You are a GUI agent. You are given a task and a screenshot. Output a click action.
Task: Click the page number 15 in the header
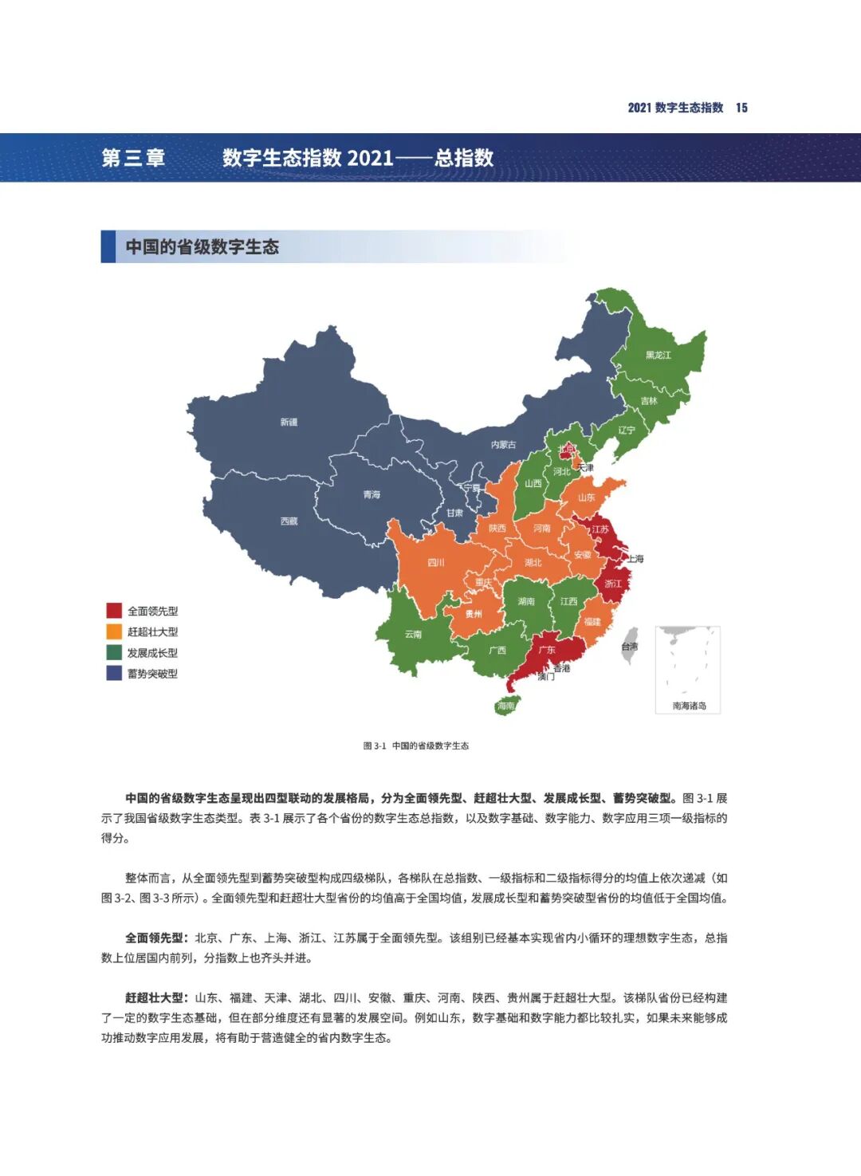coord(741,108)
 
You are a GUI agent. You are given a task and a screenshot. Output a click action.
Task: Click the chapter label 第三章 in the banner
coord(133,158)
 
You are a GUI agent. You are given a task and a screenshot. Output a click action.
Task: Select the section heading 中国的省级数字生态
coord(202,247)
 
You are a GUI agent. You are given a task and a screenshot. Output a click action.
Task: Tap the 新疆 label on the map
coord(289,422)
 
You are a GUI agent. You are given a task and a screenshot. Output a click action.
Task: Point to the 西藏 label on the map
coord(289,521)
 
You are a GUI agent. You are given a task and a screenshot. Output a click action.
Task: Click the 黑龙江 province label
coord(658,355)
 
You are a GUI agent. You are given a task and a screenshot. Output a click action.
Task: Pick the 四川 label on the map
coord(435,562)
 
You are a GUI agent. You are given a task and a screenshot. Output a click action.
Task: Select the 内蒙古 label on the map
coord(503,444)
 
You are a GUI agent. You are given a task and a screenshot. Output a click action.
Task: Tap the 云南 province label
coord(413,634)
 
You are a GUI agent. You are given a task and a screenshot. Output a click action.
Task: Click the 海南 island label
coord(505,706)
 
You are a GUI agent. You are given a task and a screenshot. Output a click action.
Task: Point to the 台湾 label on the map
coord(629,647)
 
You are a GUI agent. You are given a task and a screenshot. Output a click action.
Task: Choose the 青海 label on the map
coord(372,494)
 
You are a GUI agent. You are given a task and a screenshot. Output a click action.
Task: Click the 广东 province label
coord(547,650)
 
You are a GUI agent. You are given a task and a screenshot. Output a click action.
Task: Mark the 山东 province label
coord(587,497)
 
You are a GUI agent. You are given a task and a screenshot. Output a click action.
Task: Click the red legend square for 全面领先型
coord(114,611)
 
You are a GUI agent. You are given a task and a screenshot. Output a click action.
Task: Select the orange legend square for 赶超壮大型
coord(114,631)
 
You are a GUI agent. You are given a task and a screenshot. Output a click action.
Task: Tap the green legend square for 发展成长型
coord(114,652)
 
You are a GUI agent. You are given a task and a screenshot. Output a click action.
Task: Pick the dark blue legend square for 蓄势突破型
coord(114,673)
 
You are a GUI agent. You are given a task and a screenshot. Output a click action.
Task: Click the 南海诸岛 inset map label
coord(689,706)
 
